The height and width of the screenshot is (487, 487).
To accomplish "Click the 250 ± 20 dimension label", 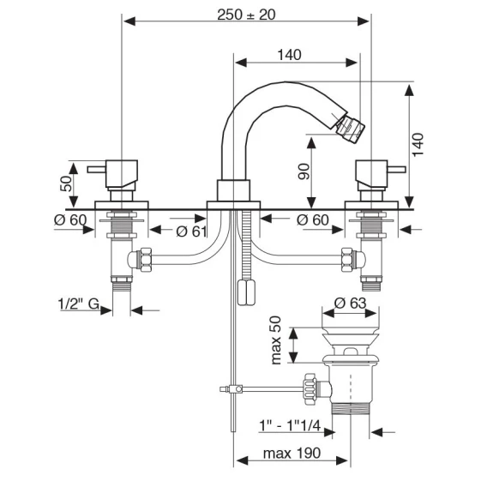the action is click(x=246, y=15).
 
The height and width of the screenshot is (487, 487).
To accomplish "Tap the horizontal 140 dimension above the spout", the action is click(x=289, y=55).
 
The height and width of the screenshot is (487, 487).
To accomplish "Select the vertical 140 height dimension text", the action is click(x=418, y=145).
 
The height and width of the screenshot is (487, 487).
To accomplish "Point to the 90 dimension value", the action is click(x=304, y=171).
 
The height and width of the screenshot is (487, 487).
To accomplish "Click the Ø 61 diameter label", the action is click(x=191, y=231).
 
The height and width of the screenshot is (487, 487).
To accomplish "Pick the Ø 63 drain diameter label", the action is click(x=351, y=304).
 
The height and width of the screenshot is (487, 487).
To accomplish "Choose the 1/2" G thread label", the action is click(x=79, y=304).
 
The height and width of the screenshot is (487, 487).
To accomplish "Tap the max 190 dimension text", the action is click(x=292, y=454).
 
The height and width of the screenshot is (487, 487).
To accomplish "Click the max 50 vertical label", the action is click(x=276, y=340).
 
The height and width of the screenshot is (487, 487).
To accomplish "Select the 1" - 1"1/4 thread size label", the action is click(x=290, y=425).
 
